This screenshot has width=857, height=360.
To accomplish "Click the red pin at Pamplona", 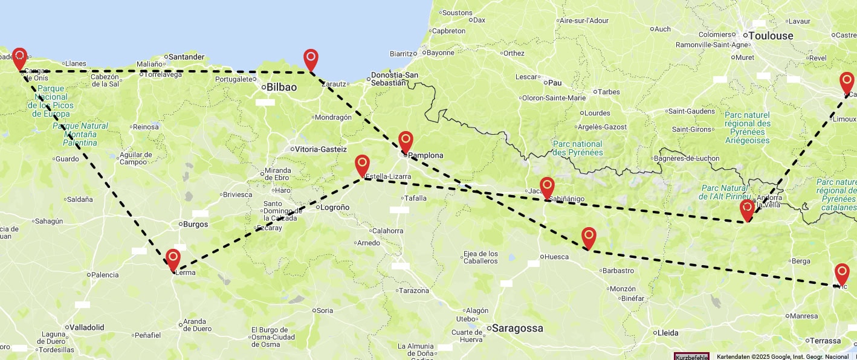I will click(x=406, y=141).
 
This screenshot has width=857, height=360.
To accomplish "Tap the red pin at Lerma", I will click(x=173, y=259).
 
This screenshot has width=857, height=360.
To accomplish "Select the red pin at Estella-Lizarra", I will click(x=362, y=164).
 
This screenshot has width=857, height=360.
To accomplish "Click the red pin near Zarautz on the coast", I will click(x=311, y=59).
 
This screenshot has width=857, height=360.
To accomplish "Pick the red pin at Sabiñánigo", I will click(x=547, y=187).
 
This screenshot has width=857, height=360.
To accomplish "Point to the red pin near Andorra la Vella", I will click(x=747, y=209).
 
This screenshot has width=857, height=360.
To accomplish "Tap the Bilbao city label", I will click(x=282, y=88).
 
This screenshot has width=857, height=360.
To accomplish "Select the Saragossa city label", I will click(x=517, y=329).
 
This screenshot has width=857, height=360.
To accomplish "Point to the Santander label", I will click(x=186, y=57).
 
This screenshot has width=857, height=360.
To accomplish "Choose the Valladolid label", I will click(x=86, y=327).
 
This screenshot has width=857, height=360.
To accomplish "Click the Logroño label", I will click(x=334, y=207).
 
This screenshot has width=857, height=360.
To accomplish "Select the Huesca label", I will click(x=556, y=257).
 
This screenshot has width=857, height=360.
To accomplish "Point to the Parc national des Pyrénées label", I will click(x=578, y=148).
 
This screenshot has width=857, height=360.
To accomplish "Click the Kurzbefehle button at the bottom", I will click(x=691, y=357).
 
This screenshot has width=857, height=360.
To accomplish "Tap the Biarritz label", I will click(x=402, y=54).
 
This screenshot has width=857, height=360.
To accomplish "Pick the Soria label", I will click(x=325, y=310).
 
